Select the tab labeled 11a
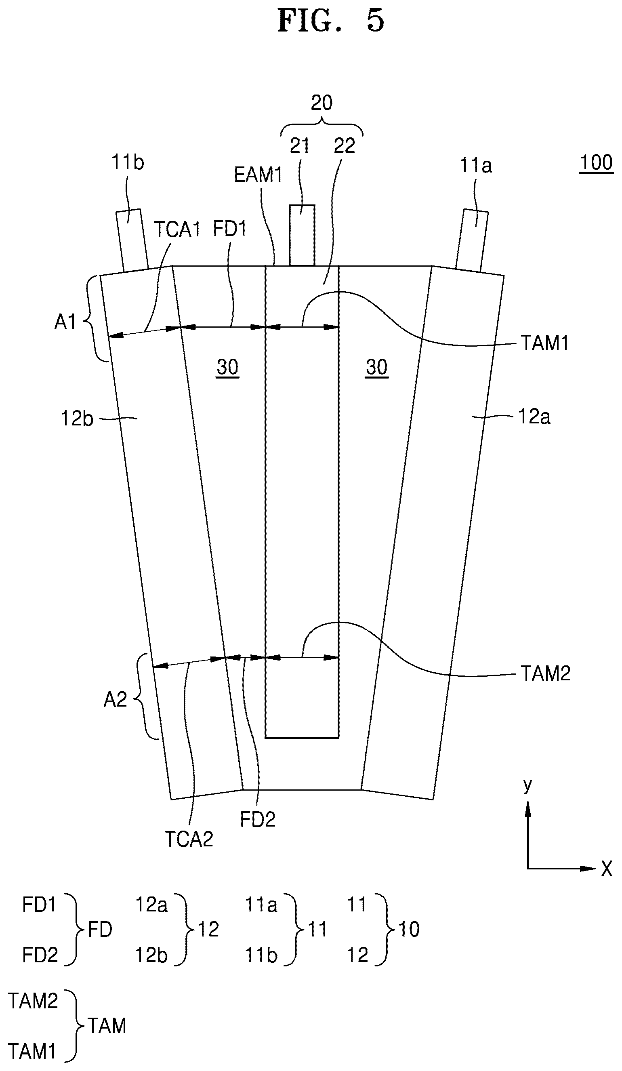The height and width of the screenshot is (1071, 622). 472,240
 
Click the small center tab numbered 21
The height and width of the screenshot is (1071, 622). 302,235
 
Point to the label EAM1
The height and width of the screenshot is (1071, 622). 258,175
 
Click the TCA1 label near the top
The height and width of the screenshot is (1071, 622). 177,229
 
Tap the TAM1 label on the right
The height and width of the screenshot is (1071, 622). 545,343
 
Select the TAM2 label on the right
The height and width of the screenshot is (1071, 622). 546,673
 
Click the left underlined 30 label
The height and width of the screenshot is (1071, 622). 228,367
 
